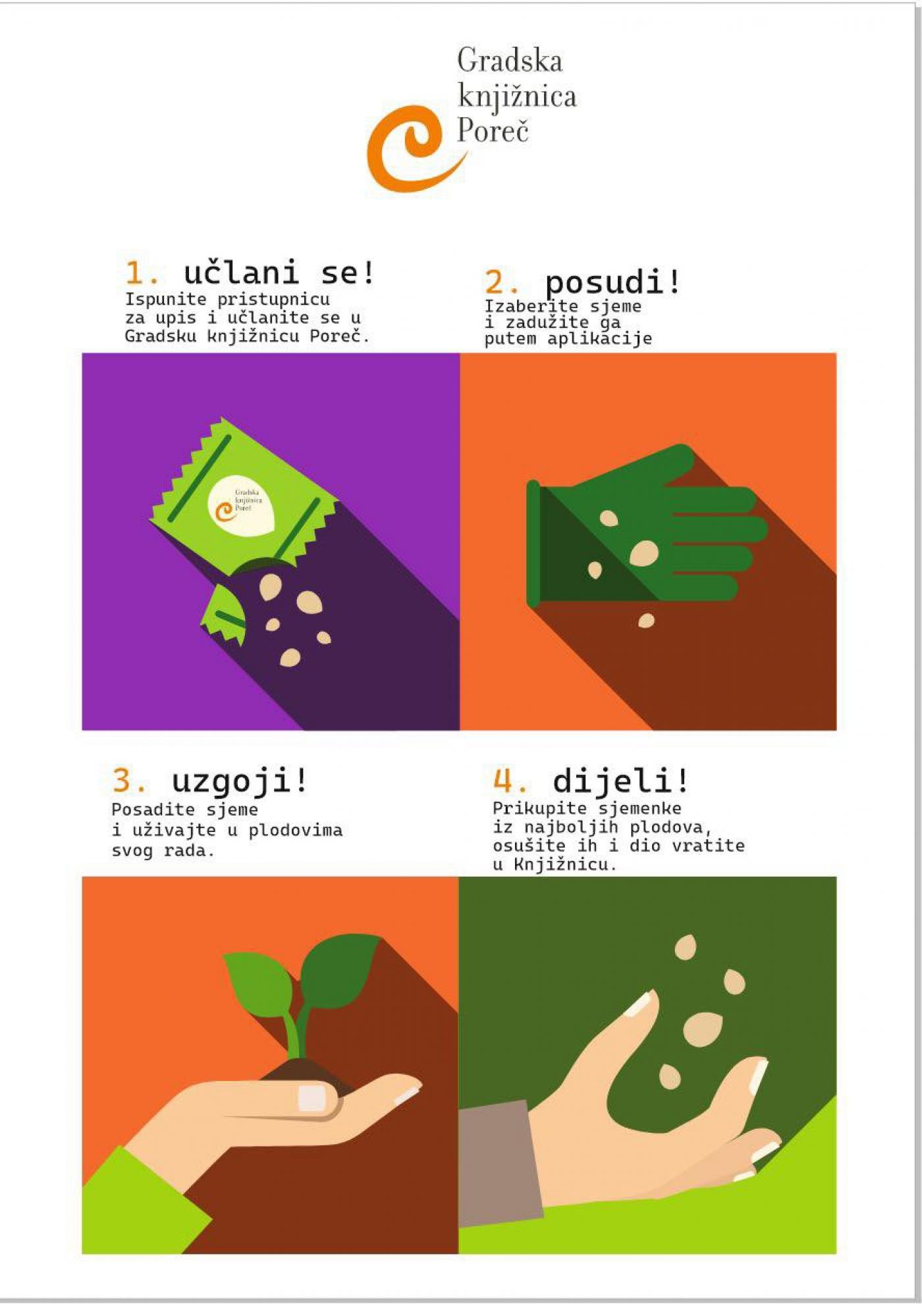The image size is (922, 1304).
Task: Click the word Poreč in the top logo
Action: pyautogui.click(x=493, y=130)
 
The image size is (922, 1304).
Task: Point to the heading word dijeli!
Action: pyautogui.click(x=620, y=781)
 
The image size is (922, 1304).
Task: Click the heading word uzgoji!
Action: pyautogui.click(x=239, y=782)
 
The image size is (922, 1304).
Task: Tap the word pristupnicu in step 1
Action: pyautogui.click(x=274, y=300)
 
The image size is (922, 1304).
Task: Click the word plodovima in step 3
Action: pyautogui.click(x=296, y=830)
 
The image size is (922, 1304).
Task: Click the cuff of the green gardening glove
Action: pyautogui.click(x=533, y=543)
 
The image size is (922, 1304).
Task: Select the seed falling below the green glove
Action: pyautogui.click(x=647, y=620)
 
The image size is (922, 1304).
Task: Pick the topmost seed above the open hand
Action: pyautogui.click(x=686, y=947)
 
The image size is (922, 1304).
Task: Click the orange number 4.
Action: pyautogui.click(x=510, y=781)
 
